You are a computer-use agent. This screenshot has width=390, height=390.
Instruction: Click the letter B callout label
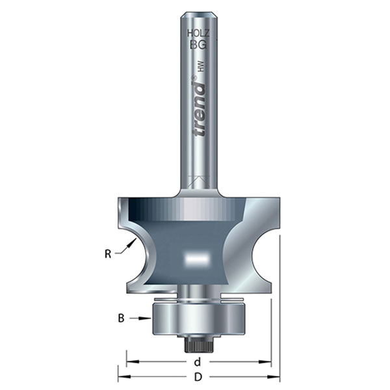tap(122, 318)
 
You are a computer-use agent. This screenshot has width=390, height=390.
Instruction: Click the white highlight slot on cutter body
tap(196, 258)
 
